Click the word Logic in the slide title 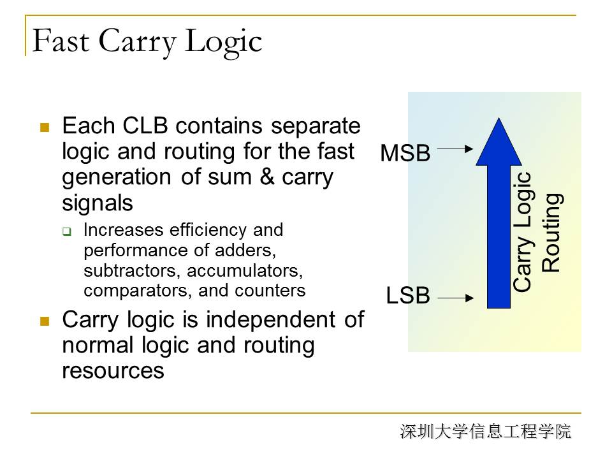point(223,43)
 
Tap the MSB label point(405,152)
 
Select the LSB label point(408,295)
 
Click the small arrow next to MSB point(455,149)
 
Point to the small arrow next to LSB point(455,298)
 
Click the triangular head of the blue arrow point(499,142)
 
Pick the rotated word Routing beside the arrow point(551,233)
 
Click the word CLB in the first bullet point(145,126)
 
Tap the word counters point(270,291)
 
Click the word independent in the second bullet point(270,320)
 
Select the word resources point(113,370)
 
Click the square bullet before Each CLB point(45,127)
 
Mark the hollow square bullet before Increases point(67,232)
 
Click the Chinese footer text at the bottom point(485,432)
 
